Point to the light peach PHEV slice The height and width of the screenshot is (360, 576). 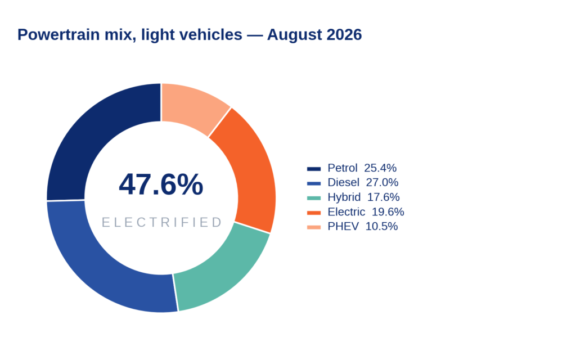click(193, 106)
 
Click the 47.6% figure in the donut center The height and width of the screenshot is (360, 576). click(161, 184)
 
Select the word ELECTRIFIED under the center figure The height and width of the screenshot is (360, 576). click(161, 222)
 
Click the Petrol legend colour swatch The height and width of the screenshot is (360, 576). click(314, 169)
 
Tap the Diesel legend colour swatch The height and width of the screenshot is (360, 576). click(314, 183)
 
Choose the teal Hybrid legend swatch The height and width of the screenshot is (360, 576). click(314, 197)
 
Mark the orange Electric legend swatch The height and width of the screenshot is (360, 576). click(314, 212)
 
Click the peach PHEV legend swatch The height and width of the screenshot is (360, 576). click(314, 227)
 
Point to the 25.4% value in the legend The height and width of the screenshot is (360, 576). click(380, 168)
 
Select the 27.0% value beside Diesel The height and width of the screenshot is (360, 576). click(382, 182)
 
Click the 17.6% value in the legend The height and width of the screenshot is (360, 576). click(384, 197)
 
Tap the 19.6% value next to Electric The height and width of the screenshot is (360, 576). click(388, 211)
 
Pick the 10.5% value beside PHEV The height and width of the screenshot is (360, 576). click(382, 226)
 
